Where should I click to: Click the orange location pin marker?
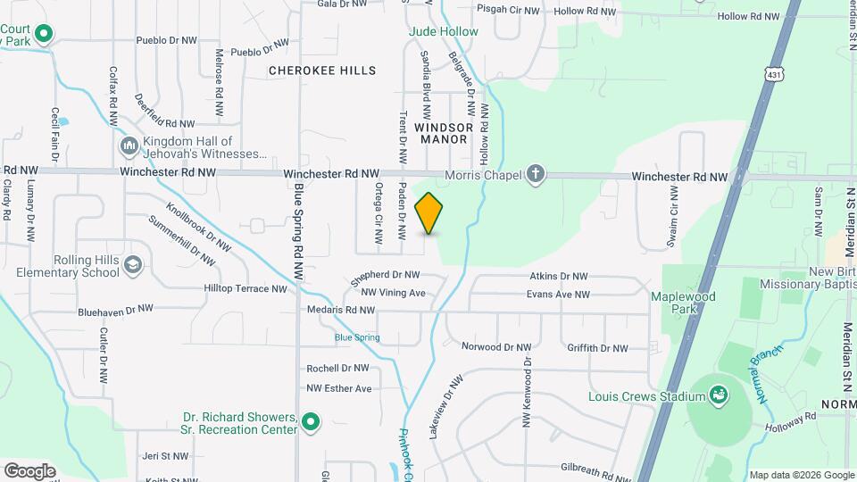(429, 213)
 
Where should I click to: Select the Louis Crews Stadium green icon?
(718, 394)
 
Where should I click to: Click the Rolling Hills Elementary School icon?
(133, 265)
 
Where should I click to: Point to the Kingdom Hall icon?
(128, 145)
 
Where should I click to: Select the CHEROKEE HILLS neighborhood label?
(323, 71)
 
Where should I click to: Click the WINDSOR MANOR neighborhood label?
(444, 133)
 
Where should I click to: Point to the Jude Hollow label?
(444, 31)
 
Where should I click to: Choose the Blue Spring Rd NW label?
(299, 232)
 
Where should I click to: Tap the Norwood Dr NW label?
(495, 346)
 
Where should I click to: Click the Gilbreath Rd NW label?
(595, 468)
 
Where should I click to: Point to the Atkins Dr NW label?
(559, 277)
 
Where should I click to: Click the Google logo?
(29, 470)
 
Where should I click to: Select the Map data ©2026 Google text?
(801, 475)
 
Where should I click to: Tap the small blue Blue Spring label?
(357, 337)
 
